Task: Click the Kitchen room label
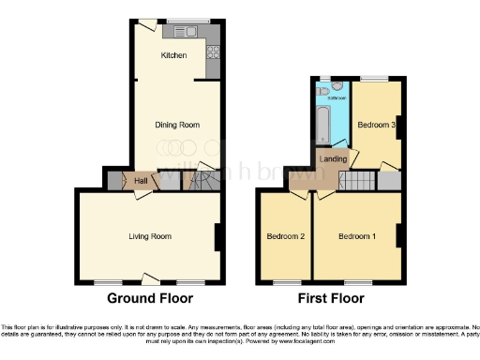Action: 173,55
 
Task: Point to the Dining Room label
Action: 176,124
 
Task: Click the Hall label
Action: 141,181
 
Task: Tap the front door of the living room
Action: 149,277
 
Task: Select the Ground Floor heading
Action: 150,299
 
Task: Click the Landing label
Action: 333,158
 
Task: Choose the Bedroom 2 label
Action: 285,235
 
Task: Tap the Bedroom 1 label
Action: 356,235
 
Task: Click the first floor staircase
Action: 357,181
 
